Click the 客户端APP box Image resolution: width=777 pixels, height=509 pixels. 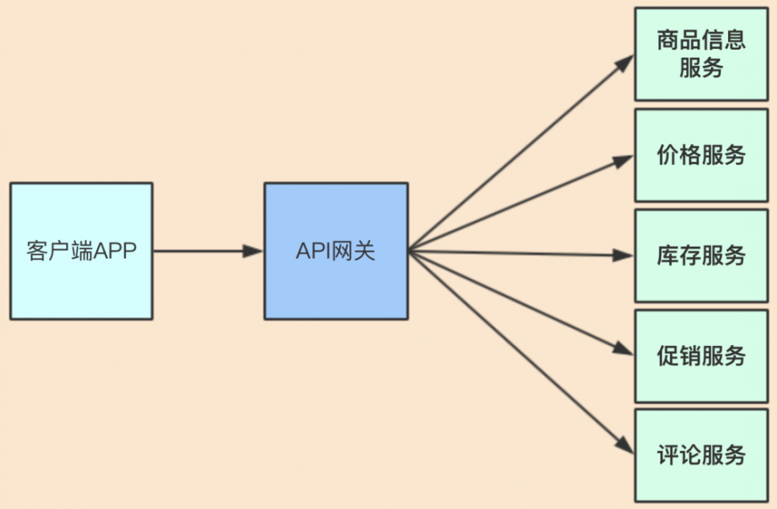tap(81, 250)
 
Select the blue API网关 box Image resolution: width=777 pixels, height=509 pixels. tap(336, 250)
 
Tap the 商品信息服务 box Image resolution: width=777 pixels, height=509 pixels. tap(701, 54)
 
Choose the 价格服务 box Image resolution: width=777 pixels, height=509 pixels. tap(701, 155)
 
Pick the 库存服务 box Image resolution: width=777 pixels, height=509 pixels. tap(701, 256)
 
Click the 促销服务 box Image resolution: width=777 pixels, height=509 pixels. tap(701, 356)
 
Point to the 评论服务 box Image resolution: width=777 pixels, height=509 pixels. tap(701, 455)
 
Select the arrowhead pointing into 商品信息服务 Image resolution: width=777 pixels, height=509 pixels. tap(625, 62)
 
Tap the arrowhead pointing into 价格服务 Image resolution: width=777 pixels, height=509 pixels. tap(624, 160)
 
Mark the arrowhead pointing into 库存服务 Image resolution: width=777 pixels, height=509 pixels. tap(625, 254)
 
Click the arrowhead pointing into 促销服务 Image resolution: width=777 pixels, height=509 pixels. tap(624, 350)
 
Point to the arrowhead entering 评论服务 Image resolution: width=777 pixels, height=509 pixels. tap(625, 445)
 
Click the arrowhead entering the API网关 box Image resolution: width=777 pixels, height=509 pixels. tap(254, 250)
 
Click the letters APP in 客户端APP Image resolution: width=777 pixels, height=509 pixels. tap(116, 252)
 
